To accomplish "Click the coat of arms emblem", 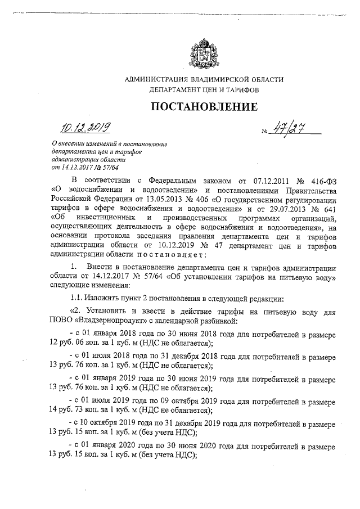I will (x=203, y=54).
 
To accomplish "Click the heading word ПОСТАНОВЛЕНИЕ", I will (x=204, y=107).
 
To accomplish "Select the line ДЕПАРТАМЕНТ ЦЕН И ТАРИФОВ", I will (x=204, y=89).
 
